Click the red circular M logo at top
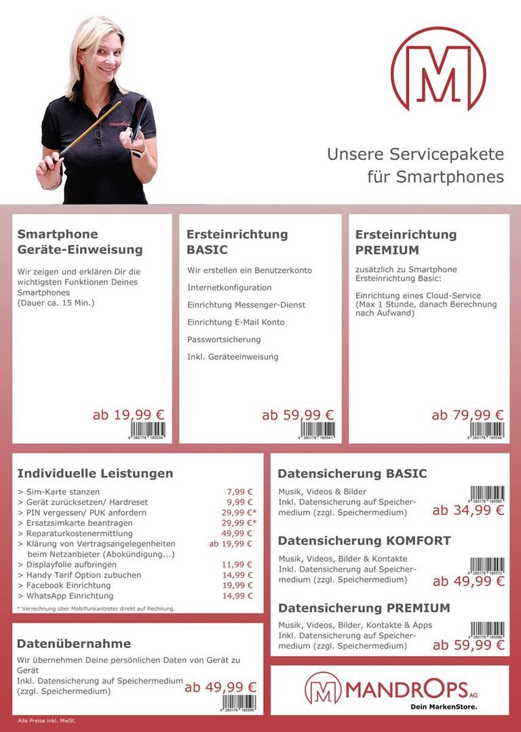(438, 69)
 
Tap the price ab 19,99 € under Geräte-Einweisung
(128, 415)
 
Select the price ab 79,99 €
(467, 415)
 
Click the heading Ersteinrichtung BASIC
(237, 242)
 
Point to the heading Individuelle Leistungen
(95, 473)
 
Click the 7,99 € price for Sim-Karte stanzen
(239, 492)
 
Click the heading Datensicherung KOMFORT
(364, 541)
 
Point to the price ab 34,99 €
(468, 510)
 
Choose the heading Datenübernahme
(74, 643)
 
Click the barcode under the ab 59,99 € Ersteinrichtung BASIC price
(317, 430)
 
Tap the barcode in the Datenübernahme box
(239, 702)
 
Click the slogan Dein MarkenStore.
(444, 707)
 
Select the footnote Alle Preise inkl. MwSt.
(47, 720)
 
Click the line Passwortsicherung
(224, 340)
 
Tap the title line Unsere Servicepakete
(415, 154)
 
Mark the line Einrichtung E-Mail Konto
(236, 322)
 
